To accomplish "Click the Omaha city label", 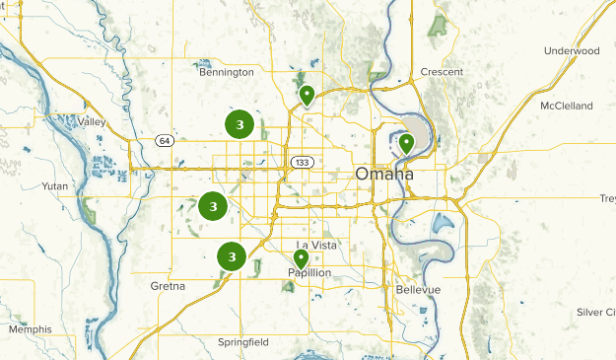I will tap(384, 175).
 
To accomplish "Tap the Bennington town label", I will tap(226, 72).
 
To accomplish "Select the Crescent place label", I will tap(442, 72).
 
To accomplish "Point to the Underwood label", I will tap(571, 50).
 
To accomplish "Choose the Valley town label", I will tap(92, 121).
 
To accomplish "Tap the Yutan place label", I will tap(55, 185).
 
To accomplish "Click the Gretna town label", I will tap(168, 285).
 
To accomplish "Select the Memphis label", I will tap(30, 328).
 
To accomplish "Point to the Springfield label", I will tap(243, 342).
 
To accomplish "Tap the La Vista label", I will tap(317, 245).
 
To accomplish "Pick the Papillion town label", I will tap(309, 272).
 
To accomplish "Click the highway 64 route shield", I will tap(163, 141).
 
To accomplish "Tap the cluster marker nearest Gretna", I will tap(231, 256).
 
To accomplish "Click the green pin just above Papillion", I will tap(301, 258).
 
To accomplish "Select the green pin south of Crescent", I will tap(406, 144).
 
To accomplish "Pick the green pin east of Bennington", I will tap(307, 96).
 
